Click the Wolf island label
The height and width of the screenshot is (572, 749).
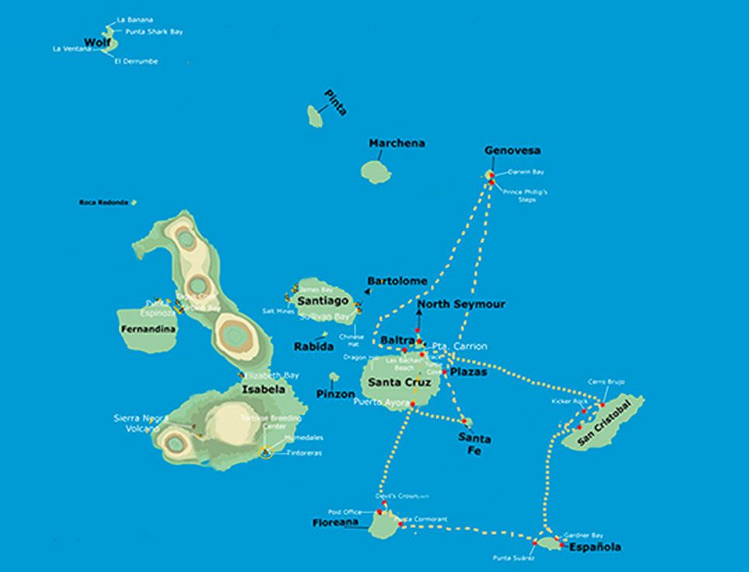(x=98, y=42)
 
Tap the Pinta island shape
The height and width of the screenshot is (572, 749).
(x=315, y=117)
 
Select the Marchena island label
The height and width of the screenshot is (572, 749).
(x=397, y=144)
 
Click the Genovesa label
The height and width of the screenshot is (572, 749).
(x=513, y=151)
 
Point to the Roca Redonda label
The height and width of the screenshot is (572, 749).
(x=104, y=203)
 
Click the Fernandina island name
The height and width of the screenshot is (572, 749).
(x=148, y=329)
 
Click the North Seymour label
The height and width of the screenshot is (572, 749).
(x=461, y=304)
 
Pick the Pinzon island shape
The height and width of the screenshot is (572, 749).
(x=334, y=377)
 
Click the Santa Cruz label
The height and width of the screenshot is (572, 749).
(x=399, y=382)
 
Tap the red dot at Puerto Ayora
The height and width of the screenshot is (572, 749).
(x=413, y=404)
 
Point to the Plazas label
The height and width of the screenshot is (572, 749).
(x=468, y=372)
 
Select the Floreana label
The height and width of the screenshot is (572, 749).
(x=335, y=523)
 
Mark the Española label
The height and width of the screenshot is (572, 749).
(x=595, y=547)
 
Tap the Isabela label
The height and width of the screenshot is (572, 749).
(x=263, y=389)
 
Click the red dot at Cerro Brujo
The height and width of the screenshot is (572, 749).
(x=602, y=404)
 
